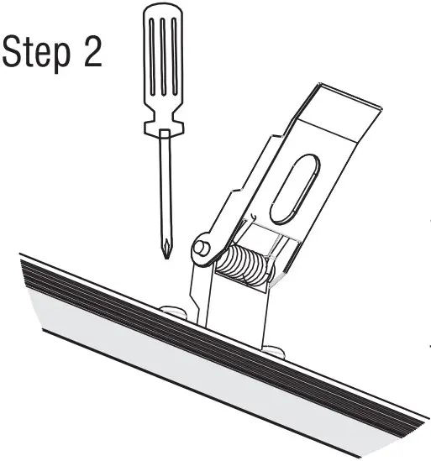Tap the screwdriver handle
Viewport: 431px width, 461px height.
pyautogui.click(x=161, y=67)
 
